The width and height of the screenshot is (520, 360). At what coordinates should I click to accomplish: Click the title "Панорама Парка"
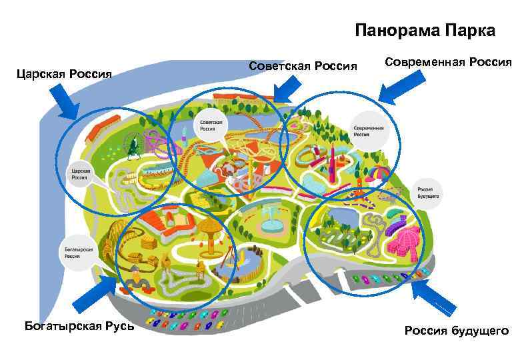tap(425, 31)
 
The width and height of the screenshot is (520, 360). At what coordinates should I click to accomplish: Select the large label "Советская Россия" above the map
tap(303, 65)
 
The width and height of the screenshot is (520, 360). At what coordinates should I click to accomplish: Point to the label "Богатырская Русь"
tap(79, 325)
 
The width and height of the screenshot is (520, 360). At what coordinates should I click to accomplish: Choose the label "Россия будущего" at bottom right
tap(456, 331)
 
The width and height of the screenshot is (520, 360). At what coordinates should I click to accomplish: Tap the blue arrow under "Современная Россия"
tap(402, 86)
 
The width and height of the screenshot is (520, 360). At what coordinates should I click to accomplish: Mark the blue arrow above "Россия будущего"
tap(434, 297)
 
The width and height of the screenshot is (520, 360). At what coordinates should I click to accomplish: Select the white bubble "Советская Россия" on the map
tap(209, 127)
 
